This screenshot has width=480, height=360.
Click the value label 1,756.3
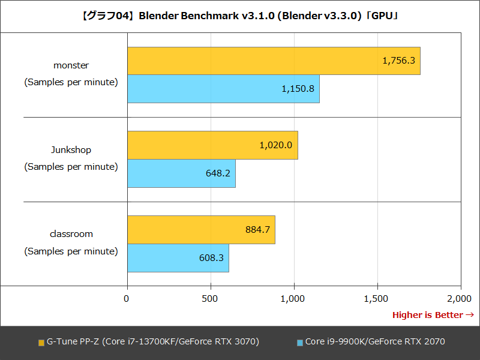click(398, 61)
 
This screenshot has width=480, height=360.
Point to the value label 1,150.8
click(298, 89)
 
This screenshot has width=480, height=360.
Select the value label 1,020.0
click(276, 145)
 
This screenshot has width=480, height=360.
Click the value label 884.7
click(257, 230)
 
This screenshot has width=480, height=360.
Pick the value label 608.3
click(211, 258)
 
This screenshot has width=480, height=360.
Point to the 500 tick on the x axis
click(210, 298)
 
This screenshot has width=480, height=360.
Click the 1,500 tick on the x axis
click(377, 298)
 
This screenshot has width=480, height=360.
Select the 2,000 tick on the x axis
click(459, 298)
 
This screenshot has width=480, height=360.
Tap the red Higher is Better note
click(433, 315)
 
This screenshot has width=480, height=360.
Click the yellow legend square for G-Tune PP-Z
click(41, 343)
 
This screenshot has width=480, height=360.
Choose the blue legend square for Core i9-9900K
click(300, 343)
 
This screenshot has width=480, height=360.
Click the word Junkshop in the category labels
click(71, 150)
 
